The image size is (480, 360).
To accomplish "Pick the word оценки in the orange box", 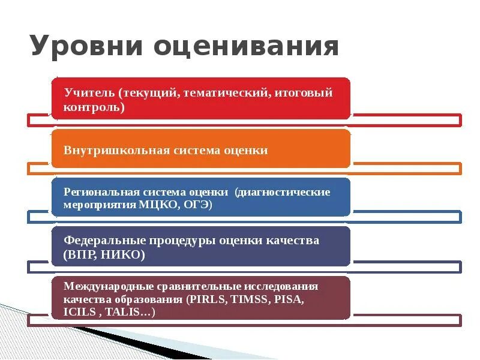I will pyautogui.click(x=247, y=150).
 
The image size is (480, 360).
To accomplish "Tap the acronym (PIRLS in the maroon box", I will pyautogui.click(x=208, y=299).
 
